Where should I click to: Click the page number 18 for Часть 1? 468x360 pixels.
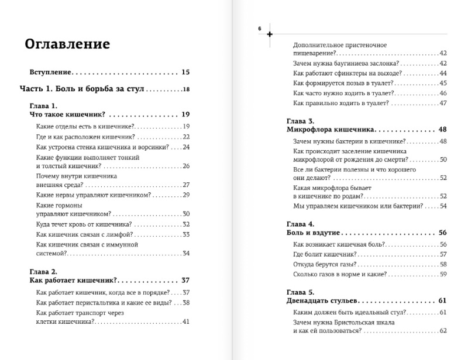tap(186, 89)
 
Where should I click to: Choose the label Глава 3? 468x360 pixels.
tap(299, 121)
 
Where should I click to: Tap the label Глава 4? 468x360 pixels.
tap(299, 224)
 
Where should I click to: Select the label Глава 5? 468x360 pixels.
tap(299, 292)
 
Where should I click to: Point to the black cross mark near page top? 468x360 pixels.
tap(270, 34)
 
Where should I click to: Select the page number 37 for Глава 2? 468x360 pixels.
tap(187, 280)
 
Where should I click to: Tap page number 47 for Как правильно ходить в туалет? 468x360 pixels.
tap(443, 103)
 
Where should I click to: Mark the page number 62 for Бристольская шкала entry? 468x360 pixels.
tap(443, 330)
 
